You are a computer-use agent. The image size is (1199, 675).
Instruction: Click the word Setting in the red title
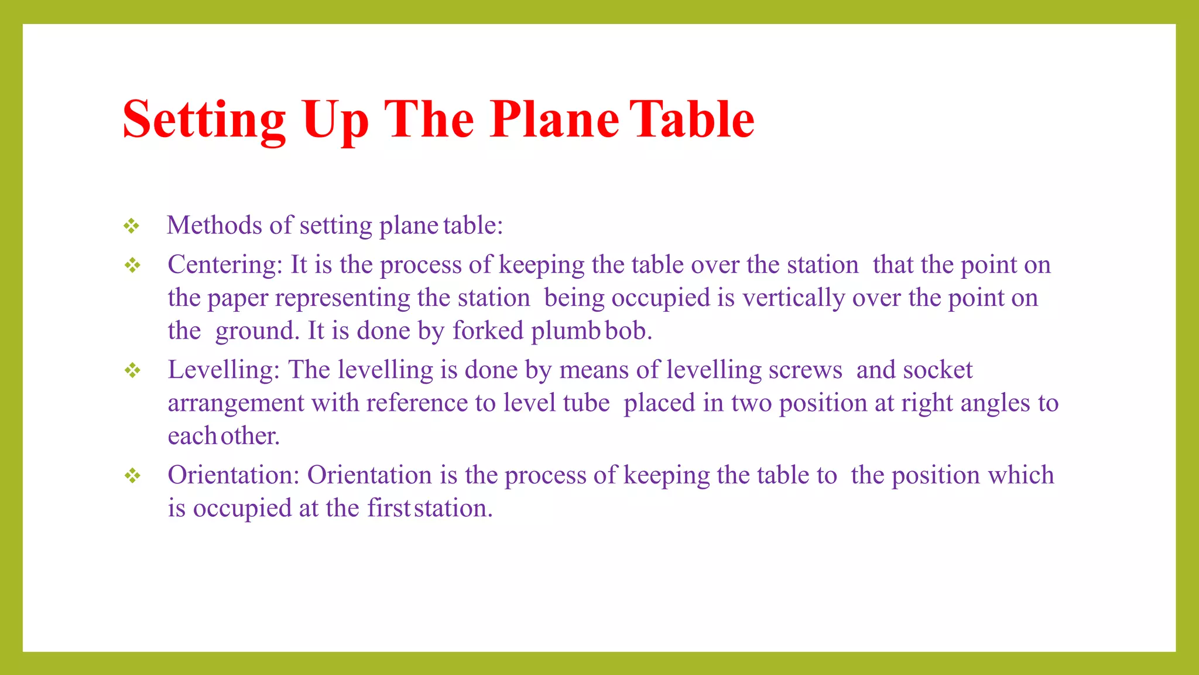204,120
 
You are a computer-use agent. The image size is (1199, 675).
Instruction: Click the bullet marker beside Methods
132,226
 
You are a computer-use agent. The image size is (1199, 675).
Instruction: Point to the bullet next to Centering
133,265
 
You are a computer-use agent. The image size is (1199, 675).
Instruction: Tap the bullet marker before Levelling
133,370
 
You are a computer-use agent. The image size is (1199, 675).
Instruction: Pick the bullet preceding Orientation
133,475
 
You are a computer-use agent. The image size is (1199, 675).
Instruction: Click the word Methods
214,225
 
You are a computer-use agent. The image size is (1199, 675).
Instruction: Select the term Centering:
225,265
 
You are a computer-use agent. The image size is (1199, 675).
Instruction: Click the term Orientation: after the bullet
234,475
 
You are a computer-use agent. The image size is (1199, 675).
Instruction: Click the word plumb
566,332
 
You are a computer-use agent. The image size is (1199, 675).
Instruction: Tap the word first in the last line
389,508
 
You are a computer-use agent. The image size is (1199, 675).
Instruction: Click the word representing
342,298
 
